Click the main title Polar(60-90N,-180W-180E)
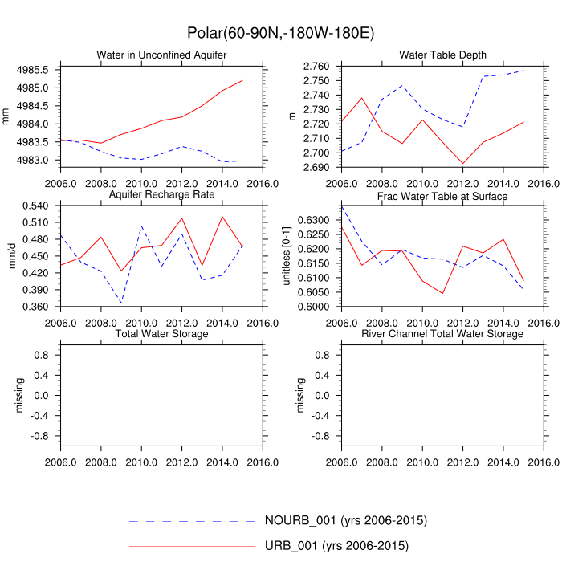(281, 32)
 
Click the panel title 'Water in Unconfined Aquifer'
(161, 55)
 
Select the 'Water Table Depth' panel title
(442, 55)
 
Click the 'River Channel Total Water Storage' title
(442, 333)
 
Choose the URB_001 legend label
(336, 546)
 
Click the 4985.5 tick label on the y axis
(38, 70)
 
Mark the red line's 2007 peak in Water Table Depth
(362, 98)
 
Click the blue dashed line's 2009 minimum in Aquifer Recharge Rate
(121, 303)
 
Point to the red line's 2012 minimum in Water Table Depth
(462, 164)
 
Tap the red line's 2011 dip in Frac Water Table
(442, 293)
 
